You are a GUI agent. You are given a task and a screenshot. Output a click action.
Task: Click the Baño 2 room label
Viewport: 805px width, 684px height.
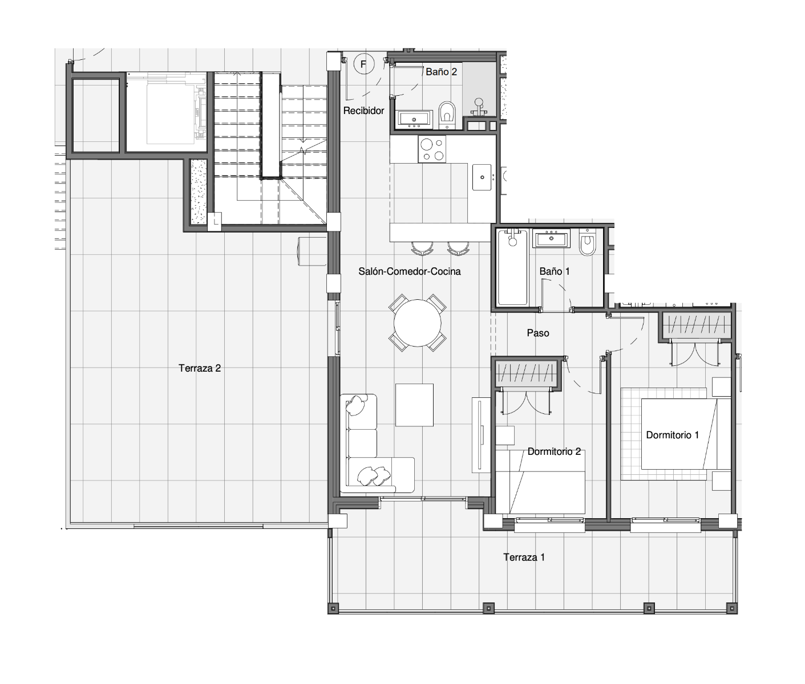[441, 72]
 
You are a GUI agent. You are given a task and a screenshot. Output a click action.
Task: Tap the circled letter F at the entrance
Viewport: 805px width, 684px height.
[364, 64]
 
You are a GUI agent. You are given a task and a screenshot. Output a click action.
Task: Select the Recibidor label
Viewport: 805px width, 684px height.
[363, 111]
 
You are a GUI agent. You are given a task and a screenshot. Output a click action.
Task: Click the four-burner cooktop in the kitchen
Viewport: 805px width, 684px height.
[432, 149]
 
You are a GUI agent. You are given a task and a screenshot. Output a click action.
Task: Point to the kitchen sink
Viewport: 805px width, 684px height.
[482, 177]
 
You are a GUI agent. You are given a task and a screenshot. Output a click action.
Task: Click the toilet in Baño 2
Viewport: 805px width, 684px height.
[447, 115]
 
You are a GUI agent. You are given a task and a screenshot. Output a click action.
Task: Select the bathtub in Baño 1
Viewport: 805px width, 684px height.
[512, 267]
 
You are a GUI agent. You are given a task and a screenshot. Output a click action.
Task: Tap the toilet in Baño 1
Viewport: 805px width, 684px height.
[587, 242]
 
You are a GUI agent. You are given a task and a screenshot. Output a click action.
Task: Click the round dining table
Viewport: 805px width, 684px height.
[417, 323]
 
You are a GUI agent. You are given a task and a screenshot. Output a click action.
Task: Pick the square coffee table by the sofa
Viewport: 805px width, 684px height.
[414, 405]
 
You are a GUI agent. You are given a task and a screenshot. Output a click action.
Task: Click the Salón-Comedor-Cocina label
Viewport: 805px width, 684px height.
[409, 271]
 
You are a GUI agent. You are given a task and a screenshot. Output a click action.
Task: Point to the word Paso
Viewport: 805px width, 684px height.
[538, 333]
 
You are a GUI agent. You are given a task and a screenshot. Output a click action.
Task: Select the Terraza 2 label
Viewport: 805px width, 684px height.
[200, 368]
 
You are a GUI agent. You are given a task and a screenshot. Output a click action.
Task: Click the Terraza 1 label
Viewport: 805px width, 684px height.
[524, 557]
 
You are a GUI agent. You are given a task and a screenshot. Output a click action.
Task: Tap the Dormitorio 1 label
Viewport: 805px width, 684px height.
[672, 435]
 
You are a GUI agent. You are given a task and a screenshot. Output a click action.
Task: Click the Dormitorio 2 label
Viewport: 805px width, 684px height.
[554, 451]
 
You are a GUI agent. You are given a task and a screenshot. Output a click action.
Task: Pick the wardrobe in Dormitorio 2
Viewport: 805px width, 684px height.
[528, 373]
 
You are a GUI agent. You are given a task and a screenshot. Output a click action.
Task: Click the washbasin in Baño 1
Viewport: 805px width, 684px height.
[551, 238]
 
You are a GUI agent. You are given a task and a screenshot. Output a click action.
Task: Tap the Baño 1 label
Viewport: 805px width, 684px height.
[555, 271]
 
